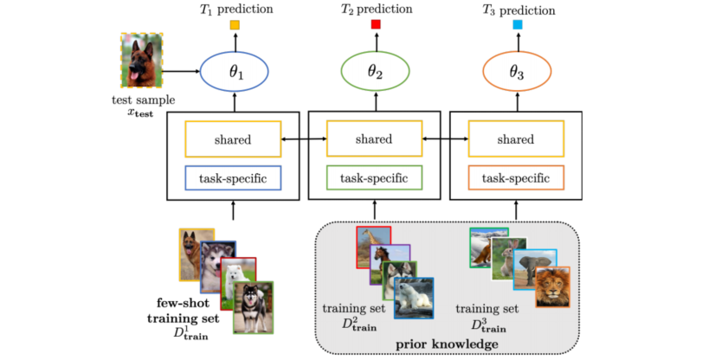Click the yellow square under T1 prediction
pos(234,25)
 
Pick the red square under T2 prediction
pos(376,25)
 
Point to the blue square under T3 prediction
pos(517,25)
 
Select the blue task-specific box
pos(233,178)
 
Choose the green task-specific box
pos(375,178)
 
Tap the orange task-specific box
pos(516,178)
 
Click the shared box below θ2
pos(375,138)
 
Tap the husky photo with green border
pos(253,306)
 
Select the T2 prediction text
pos(375,8)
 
